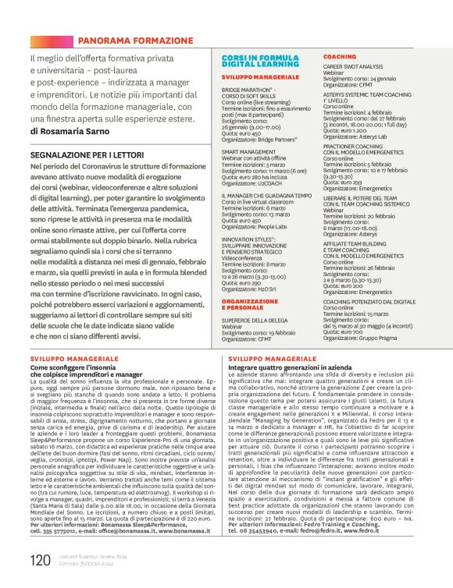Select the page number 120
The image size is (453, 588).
(x=39, y=560)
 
